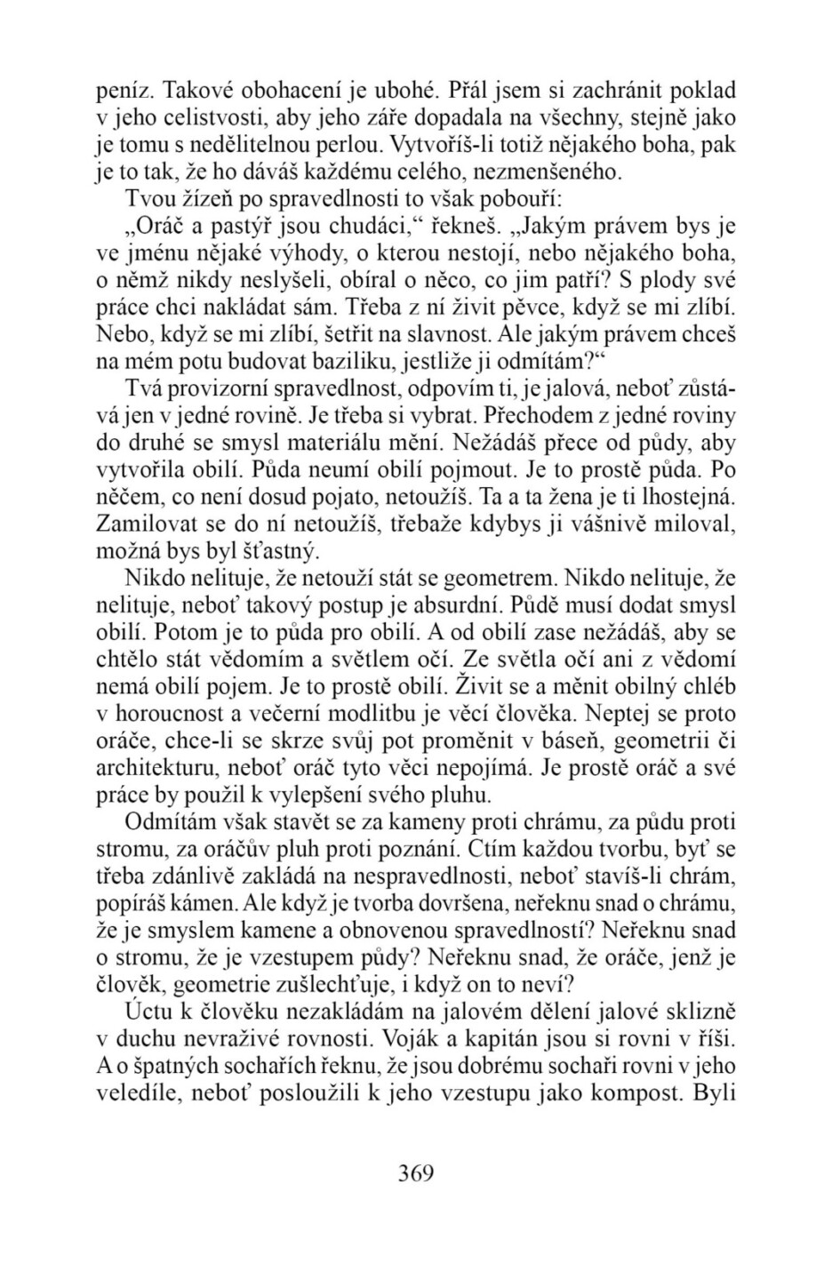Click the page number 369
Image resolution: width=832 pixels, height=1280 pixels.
pyautogui.click(x=415, y=1172)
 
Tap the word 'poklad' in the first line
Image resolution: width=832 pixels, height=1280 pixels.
pyautogui.click(x=703, y=90)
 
